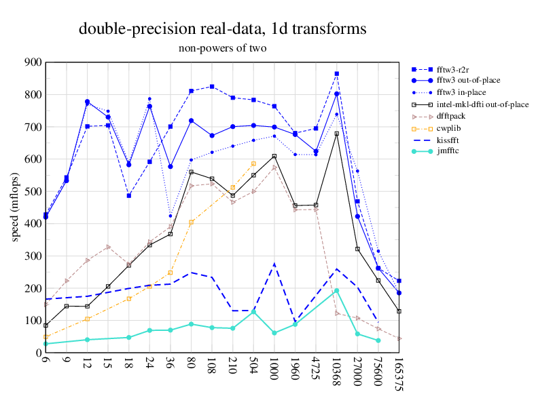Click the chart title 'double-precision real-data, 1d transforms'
tap(223, 28)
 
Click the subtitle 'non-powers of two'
tap(223, 48)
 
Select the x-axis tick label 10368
tap(337, 375)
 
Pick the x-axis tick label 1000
tap(274, 372)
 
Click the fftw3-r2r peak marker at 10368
tap(337, 73)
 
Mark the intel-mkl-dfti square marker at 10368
tap(337, 134)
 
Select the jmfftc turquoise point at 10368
tap(337, 290)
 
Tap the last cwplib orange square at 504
tap(253, 163)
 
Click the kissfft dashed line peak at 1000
tap(274, 264)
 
